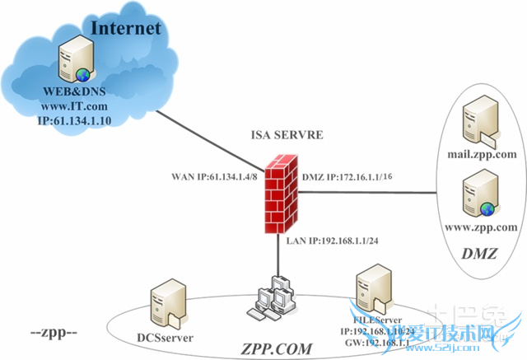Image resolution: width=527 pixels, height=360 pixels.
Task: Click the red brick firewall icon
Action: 278,192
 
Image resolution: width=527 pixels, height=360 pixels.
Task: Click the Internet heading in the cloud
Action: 126,29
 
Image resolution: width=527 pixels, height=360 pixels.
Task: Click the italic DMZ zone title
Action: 480,253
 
